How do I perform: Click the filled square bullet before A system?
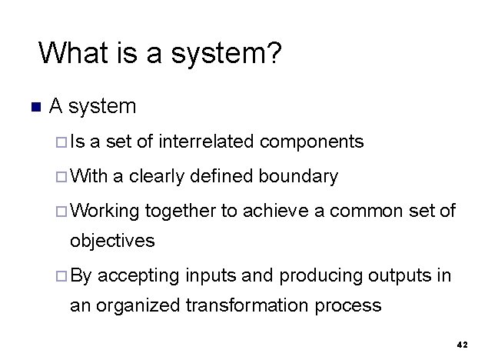[31, 106]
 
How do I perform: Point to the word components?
[312, 142]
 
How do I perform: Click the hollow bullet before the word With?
[61, 177]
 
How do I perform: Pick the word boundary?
[298, 177]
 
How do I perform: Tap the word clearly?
[158, 177]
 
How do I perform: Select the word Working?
[105, 212]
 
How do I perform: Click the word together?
[180, 212]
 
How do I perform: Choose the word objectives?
[112, 241]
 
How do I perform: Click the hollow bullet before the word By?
[61, 275]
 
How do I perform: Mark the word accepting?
[138, 275]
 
